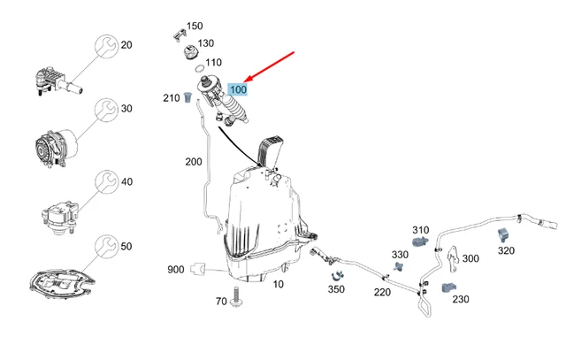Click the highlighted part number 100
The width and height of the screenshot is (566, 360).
[239, 89]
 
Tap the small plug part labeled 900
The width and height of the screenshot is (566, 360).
[200, 267]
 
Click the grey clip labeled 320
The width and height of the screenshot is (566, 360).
[504, 234]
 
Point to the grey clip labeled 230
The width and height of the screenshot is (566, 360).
[449, 287]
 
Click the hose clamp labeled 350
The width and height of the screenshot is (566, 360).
[337, 273]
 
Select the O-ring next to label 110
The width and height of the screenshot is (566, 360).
[201, 66]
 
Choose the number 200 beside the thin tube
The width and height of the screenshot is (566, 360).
[194, 162]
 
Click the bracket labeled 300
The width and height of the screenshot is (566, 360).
[451, 257]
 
